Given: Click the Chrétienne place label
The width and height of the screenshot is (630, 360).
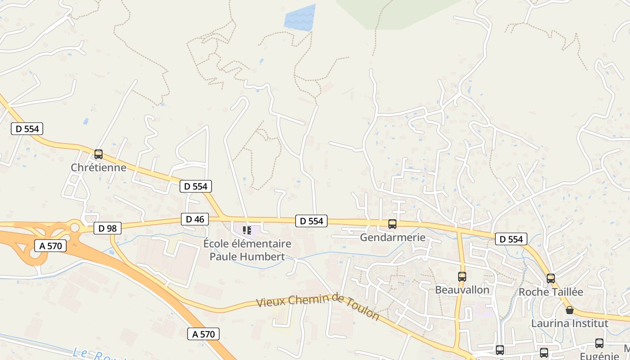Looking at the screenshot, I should point(99,167).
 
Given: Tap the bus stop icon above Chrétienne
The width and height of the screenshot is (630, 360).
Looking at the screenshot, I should point(99,154).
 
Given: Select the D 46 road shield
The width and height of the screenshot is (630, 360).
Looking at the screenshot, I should point(195,219).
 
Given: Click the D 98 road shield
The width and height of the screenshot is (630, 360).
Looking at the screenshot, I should point(108,228).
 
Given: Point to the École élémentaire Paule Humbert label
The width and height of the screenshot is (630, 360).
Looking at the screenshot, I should point(247,250).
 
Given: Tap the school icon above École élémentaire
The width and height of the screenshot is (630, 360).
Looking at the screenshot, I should point(247,230).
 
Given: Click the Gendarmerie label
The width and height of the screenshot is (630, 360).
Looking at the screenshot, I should point(392,237).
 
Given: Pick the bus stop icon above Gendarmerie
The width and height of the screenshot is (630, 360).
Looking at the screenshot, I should point(392,224).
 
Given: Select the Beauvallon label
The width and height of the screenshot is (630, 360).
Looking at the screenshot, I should point(462,290).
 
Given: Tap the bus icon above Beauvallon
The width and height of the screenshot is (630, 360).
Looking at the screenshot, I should point(462,277).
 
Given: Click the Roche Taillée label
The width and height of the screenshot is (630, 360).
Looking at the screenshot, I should point(551,292).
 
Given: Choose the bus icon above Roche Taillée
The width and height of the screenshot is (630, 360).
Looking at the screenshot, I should point(551,279).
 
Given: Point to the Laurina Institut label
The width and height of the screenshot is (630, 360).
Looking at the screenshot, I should point(570,323).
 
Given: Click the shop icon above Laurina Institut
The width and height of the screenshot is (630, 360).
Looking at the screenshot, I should point(570,310).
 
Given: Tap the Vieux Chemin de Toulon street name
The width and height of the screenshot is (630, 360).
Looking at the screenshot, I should point(318,306).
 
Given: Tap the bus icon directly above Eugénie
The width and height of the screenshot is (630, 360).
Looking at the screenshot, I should point(599,343).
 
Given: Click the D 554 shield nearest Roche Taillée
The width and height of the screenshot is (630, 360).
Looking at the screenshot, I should point(511,239).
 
